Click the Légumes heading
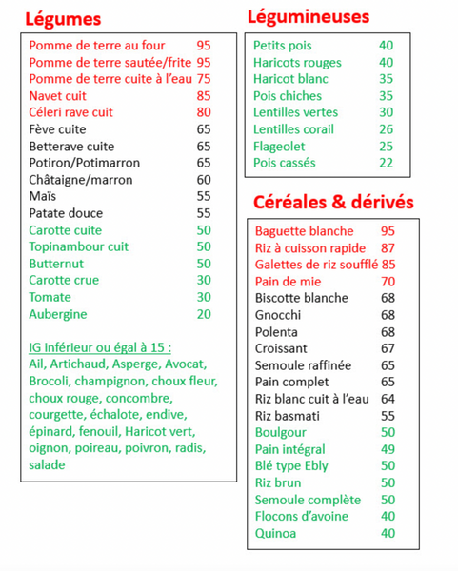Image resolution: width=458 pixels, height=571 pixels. tap(63, 19)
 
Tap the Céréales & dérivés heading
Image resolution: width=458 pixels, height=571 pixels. tap(333, 203)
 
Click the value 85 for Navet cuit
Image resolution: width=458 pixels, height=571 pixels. tap(204, 95)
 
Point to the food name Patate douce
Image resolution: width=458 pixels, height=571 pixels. tap(66, 213)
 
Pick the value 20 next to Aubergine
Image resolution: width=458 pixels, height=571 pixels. tap(204, 314)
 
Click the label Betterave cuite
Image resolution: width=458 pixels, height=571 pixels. tap(71, 147)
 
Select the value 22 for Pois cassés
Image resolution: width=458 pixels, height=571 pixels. tap(386, 163)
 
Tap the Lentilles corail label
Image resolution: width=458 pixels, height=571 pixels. tap(293, 129)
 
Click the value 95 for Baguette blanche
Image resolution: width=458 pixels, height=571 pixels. tap(388, 231)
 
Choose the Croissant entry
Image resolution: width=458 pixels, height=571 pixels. tap(281, 348)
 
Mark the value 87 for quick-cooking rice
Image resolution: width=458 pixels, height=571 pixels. tap(388, 247)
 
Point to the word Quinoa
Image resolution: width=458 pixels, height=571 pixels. tap(276, 533)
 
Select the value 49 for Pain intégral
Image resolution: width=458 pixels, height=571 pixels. tap(388, 449)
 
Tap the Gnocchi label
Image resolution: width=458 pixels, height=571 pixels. tap(278, 315)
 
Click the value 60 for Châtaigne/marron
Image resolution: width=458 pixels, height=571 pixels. tap(204, 180)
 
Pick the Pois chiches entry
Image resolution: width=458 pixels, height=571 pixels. tap(288, 95)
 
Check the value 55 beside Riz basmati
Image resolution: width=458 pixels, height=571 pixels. tap(388, 416)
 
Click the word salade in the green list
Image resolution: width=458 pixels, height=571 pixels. tap(47, 464)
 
